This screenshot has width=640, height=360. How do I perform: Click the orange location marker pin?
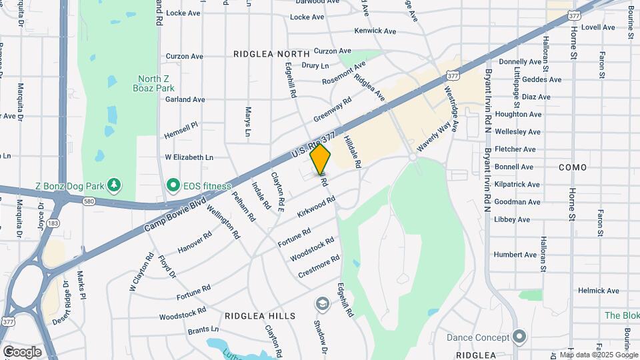click(x=321, y=159)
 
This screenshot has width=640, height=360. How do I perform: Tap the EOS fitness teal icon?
click(x=173, y=183)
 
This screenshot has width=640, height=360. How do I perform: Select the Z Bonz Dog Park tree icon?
click(x=115, y=183)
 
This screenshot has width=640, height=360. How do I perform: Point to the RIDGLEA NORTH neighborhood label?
click(x=271, y=53)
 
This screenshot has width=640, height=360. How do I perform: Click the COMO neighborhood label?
click(x=573, y=167)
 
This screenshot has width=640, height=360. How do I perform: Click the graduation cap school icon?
click(x=323, y=304)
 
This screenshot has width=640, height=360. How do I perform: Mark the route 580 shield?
click(x=88, y=201)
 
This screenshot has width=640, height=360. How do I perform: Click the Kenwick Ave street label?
click(x=375, y=31)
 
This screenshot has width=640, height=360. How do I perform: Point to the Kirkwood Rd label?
click(x=316, y=204)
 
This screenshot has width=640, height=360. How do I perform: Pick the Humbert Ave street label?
click(x=515, y=255)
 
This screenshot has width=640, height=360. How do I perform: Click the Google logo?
click(x=22, y=351)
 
